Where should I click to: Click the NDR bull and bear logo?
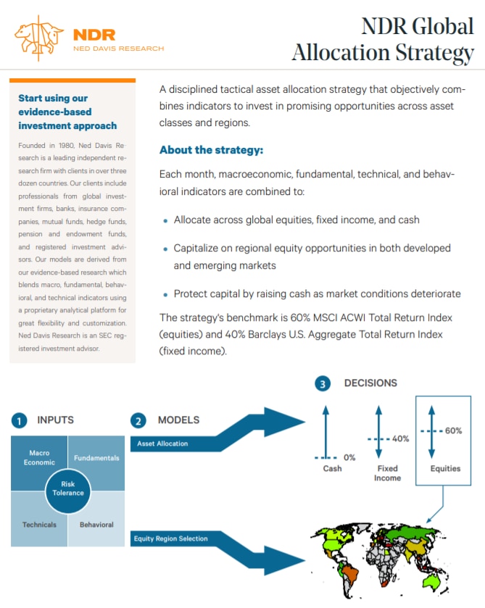(x=41, y=37)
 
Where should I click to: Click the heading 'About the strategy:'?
(x=211, y=151)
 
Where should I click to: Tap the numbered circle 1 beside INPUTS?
(x=19, y=420)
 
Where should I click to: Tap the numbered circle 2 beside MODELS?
(x=138, y=420)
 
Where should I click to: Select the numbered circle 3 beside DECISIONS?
(x=323, y=383)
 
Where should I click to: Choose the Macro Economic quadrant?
(x=39, y=458)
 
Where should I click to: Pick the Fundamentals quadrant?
(x=96, y=458)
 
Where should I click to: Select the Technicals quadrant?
(x=39, y=524)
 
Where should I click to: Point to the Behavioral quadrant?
(x=96, y=524)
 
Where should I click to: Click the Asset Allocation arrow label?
(x=162, y=443)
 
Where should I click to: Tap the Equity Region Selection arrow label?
(x=172, y=538)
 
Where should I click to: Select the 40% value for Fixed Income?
(x=400, y=438)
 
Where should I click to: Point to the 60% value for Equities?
(x=453, y=430)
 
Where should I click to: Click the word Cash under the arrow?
(x=332, y=469)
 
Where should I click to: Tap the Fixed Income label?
(x=387, y=473)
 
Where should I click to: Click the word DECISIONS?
(x=370, y=383)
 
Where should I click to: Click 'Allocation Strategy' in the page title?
(x=382, y=52)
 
